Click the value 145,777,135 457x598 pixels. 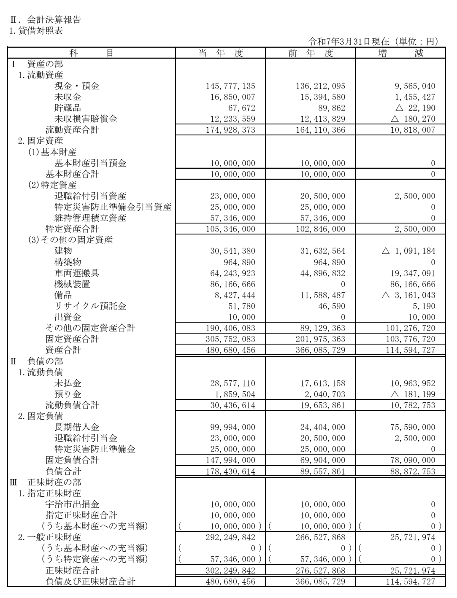(233, 86)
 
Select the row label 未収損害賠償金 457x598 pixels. (86, 119)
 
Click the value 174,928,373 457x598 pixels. (233, 130)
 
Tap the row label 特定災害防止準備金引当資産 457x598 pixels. (113, 207)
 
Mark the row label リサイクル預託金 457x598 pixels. (90, 306)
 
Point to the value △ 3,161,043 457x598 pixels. (408, 295)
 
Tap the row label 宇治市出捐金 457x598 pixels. (72, 504)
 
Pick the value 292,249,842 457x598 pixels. (233, 537)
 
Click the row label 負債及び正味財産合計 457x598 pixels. (90, 582)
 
